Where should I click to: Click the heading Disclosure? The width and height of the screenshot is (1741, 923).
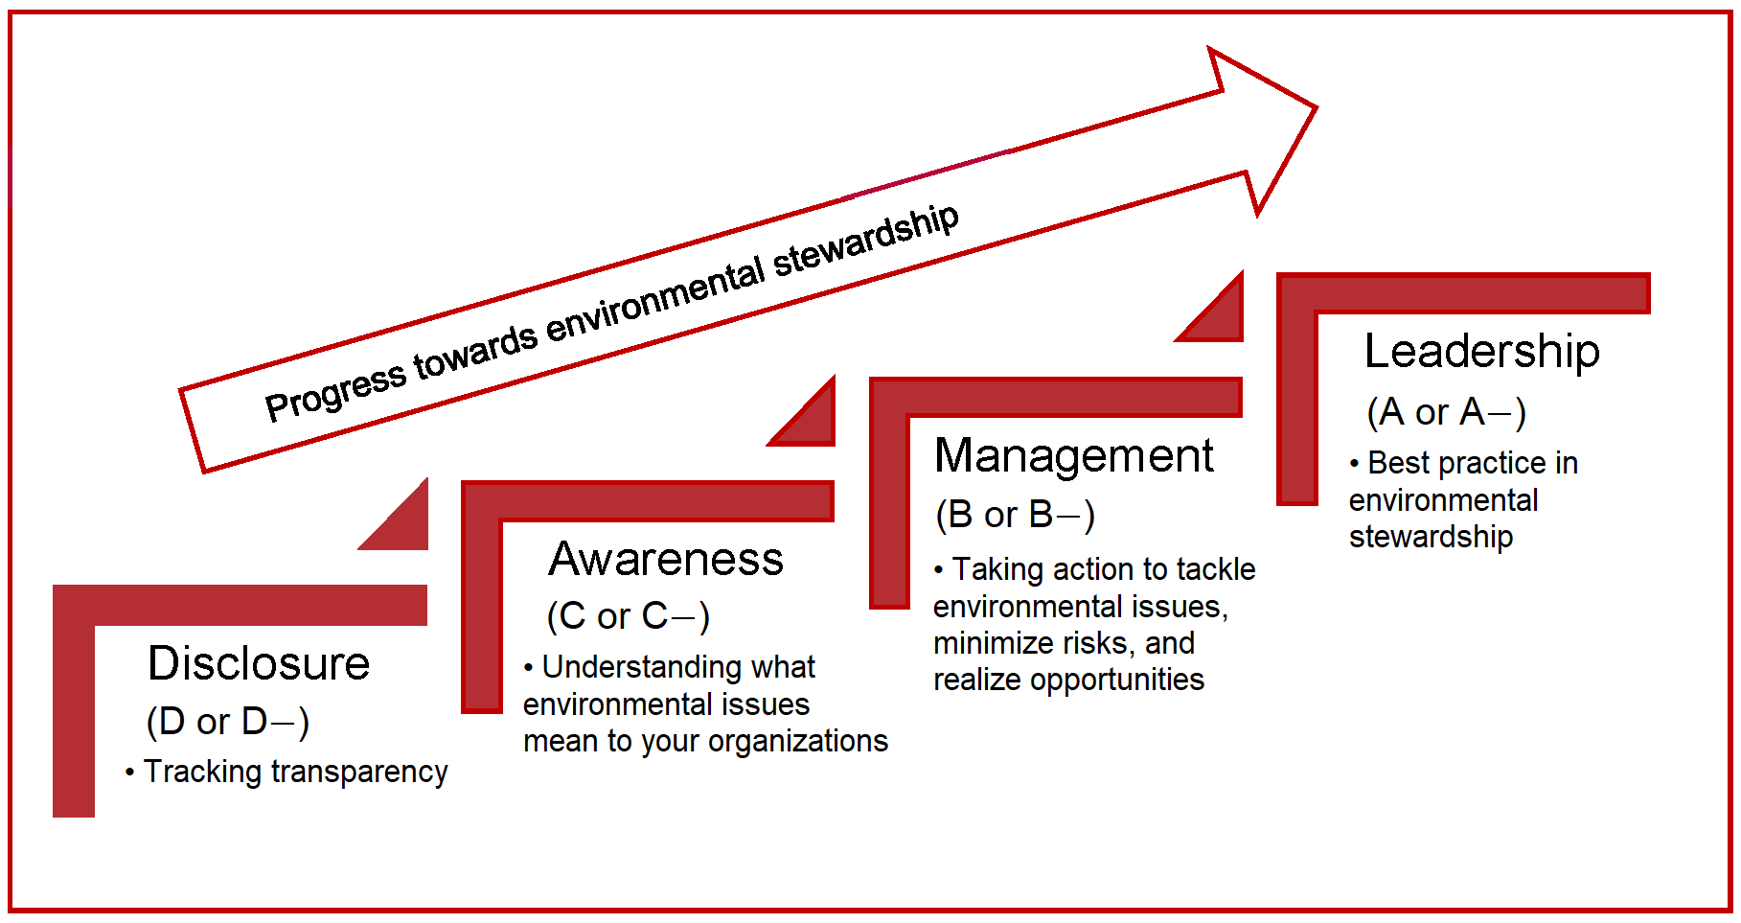[259, 663]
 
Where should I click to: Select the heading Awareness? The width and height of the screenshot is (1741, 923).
[666, 559]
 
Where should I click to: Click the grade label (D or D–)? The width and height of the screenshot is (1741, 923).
[227, 722]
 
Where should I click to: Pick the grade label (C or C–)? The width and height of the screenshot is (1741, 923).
[629, 616]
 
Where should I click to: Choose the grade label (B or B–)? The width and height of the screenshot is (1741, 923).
[1015, 516]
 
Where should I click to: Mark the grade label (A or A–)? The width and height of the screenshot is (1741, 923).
[1446, 413]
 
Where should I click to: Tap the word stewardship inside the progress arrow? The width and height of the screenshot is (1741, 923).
[866, 242]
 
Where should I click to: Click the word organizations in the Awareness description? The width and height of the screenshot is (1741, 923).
[798, 742]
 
